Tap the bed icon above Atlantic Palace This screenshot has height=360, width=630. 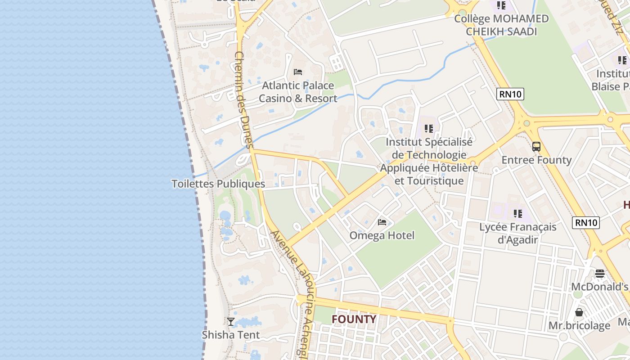[x=297, y=72]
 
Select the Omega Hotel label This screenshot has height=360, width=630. [x=382, y=235]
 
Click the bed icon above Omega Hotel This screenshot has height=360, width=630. [x=382, y=222]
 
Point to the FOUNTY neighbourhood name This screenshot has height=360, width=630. [x=354, y=319]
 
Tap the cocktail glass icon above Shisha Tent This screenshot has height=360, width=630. [x=231, y=321]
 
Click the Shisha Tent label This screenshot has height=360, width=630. [x=231, y=335]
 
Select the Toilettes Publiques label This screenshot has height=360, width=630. [x=218, y=184]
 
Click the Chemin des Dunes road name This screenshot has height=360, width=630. [x=245, y=99]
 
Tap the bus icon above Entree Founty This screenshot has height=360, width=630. [x=536, y=146]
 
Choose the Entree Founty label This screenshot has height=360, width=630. [x=536, y=160]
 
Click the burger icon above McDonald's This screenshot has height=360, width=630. [x=599, y=273]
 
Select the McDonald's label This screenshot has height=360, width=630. [x=599, y=287]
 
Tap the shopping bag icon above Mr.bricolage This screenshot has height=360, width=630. [x=579, y=312]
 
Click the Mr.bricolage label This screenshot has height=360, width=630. [x=579, y=325]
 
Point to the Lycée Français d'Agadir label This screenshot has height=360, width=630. [x=518, y=233]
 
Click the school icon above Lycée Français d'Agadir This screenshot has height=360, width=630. [x=518, y=213]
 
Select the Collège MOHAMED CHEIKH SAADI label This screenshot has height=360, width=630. [x=501, y=25]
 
